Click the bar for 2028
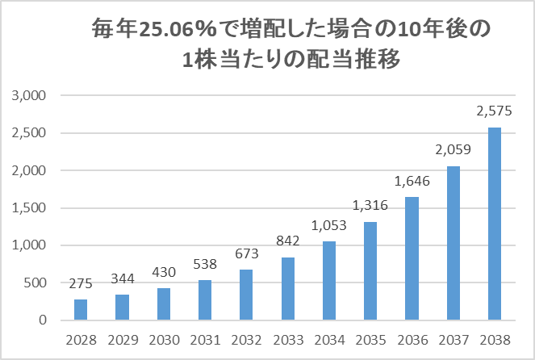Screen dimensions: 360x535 [x=81, y=310]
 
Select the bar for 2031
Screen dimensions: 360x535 [x=205, y=300]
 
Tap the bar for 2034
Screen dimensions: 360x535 [x=329, y=281]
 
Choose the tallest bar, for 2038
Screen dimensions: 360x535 [x=495, y=224]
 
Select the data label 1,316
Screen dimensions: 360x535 [x=370, y=207]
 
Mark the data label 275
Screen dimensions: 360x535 [x=81, y=284]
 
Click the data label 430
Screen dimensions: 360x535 [x=163, y=273]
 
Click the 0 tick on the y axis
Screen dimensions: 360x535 [x=45, y=320]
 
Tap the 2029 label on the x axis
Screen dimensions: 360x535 [x=122, y=339]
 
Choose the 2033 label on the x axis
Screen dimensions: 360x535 [x=287, y=339]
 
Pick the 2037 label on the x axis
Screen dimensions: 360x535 [x=453, y=339]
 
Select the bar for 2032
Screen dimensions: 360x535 [x=246, y=295]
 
